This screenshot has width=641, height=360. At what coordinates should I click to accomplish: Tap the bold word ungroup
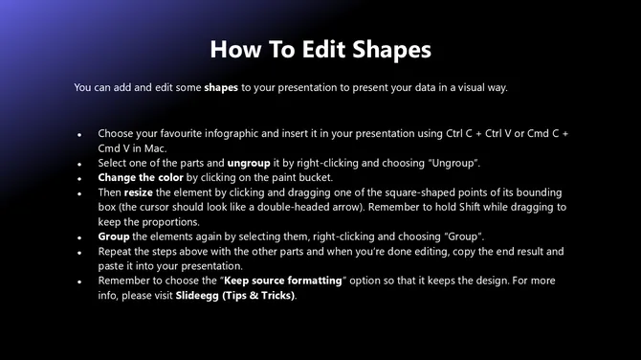point(249,164)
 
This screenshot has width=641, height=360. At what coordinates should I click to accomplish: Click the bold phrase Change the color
point(141,178)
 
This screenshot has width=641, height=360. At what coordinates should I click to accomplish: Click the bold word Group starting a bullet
point(114,236)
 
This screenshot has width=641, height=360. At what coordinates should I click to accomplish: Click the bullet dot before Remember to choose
point(79,281)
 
